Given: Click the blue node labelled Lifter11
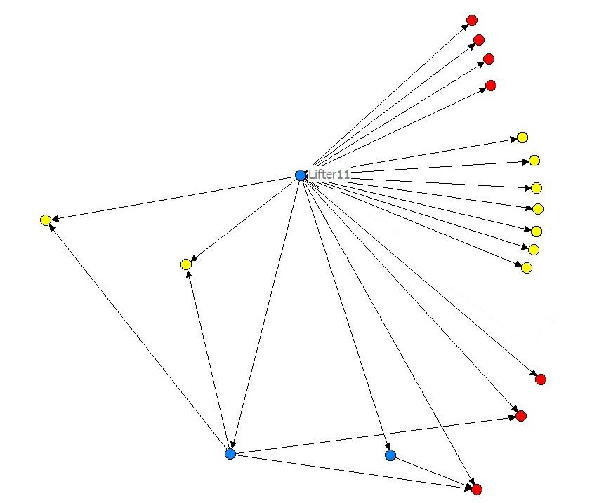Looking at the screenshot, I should pos(301,175).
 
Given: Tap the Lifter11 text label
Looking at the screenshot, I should pos(329,174).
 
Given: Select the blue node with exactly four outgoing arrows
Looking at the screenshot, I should pos(230,454).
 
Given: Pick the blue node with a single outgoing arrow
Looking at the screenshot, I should pos(390,455).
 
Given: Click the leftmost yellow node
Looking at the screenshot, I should pos(46,220).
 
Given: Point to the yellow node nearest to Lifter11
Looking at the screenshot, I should pos(185,264).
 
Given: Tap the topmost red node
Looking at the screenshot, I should pos(472,20).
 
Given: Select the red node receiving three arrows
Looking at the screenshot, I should pos(477,489).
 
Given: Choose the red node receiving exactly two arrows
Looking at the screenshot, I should pos(520,416).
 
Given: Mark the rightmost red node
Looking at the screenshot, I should pos(540,380).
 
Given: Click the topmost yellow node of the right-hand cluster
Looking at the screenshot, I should pos(522,138).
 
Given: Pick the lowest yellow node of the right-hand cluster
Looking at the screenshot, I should pos(527,268).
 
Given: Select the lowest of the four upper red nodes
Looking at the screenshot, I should pos(491,86).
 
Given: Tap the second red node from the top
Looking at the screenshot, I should pos(479,40).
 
